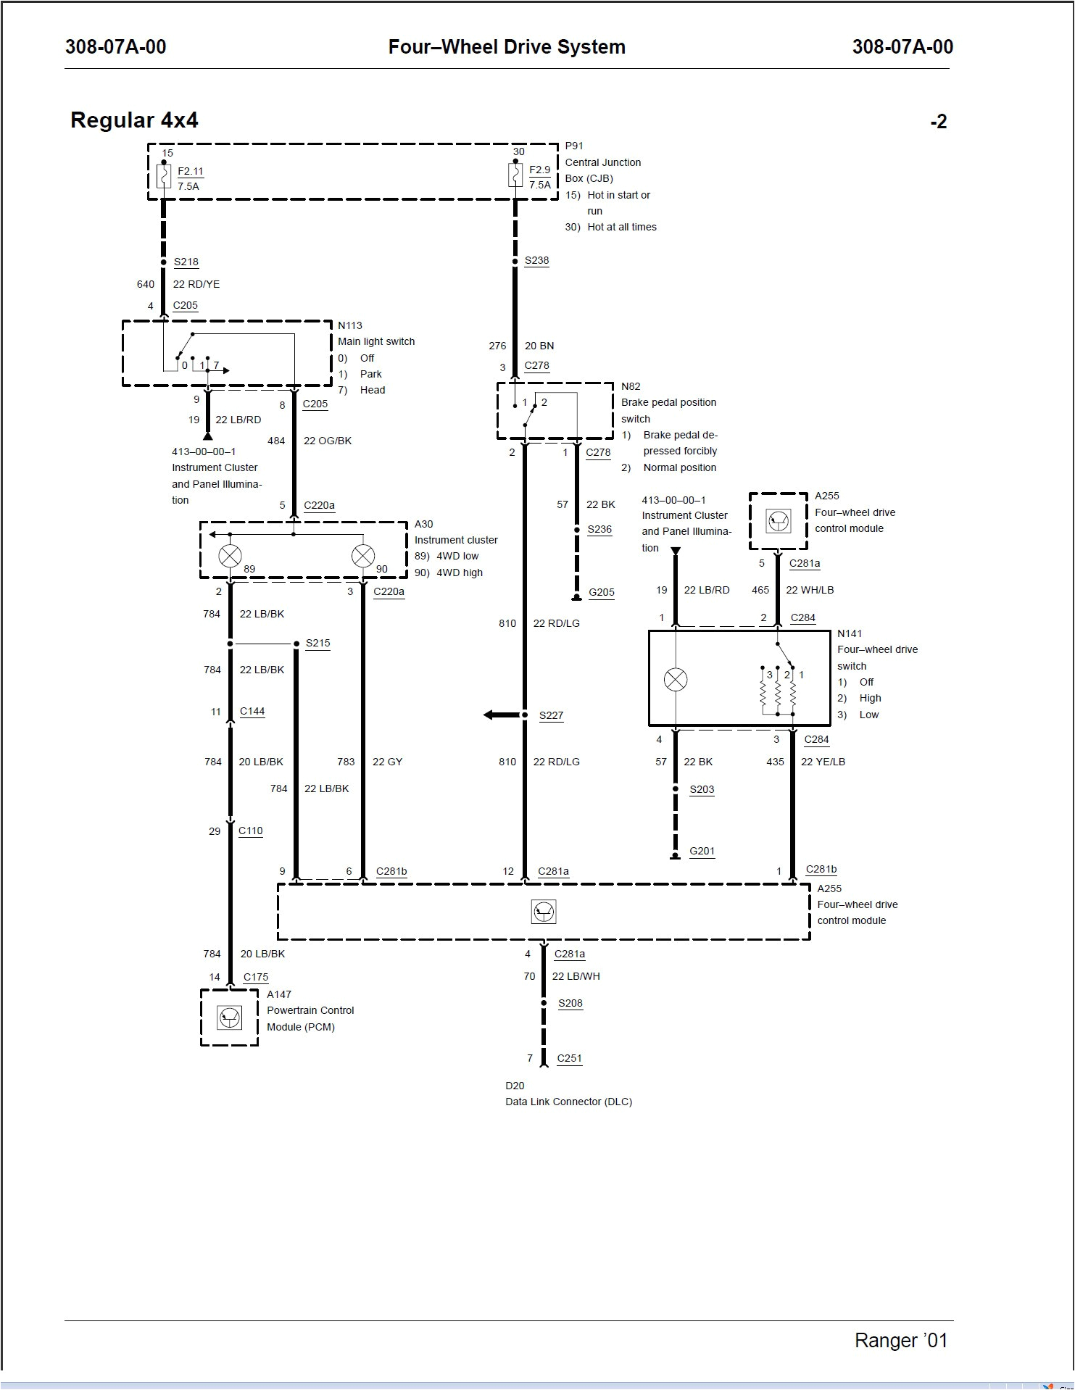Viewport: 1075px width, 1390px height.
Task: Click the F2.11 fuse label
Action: tap(191, 172)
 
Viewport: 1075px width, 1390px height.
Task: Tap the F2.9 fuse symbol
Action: tap(515, 175)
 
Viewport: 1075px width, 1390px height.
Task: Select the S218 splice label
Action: tap(186, 262)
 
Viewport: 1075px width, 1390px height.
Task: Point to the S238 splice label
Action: tap(537, 261)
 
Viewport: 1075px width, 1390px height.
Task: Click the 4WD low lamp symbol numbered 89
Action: tap(231, 557)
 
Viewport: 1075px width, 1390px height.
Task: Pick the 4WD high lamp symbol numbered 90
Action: tap(362, 557)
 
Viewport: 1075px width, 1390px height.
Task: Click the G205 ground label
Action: tap(602, 592)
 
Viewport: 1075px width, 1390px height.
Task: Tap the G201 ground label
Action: tap(702, 852)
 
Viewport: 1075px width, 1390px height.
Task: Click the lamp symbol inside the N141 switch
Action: tap(676, 680)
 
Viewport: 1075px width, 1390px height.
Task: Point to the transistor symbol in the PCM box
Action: tap(230, 1018)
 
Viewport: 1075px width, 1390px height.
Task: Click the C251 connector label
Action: tap(569, 1059)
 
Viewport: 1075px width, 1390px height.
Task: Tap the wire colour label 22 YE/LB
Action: tap(823, 762)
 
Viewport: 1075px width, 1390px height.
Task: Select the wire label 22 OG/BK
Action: tap(328, 441)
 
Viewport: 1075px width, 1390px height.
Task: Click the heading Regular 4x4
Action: tap(134, 120)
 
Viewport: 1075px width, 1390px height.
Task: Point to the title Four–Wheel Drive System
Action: tap(507, 47)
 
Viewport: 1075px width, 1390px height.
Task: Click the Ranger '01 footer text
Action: tap(901, 1341)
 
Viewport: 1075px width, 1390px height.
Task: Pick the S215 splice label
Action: tap(318, 644)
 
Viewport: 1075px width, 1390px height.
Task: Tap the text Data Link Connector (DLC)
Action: tap(568, 1102)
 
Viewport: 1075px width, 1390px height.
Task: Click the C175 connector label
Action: tap(256, 978)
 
